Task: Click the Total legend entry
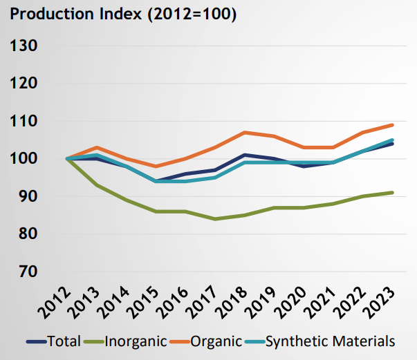(56, 341)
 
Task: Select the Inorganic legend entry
(127, 341)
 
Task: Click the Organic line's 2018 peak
(245, 132)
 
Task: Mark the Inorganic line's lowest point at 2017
(215, 219)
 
